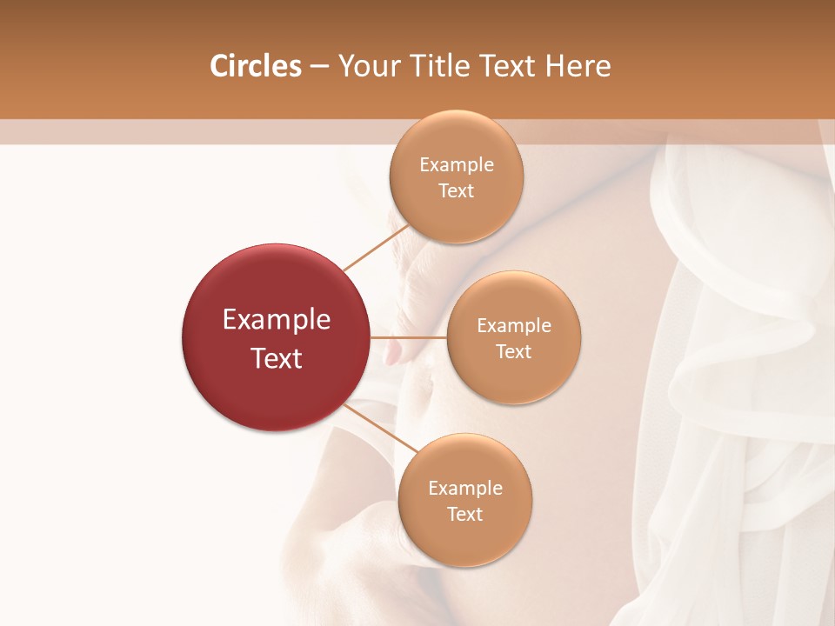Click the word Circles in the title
click(256, 66)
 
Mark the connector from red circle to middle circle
click(409, 337)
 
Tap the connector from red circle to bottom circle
click(380, 429)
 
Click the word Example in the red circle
click(277, 320)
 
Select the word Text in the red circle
click(277, 358)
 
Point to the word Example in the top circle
click(457, 165)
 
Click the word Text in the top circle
click(456, 191)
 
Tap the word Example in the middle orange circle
click(514, 326)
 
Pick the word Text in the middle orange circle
click(513, 352)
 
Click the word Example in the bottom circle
click(465, 489)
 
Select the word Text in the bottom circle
click(464, 515)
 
